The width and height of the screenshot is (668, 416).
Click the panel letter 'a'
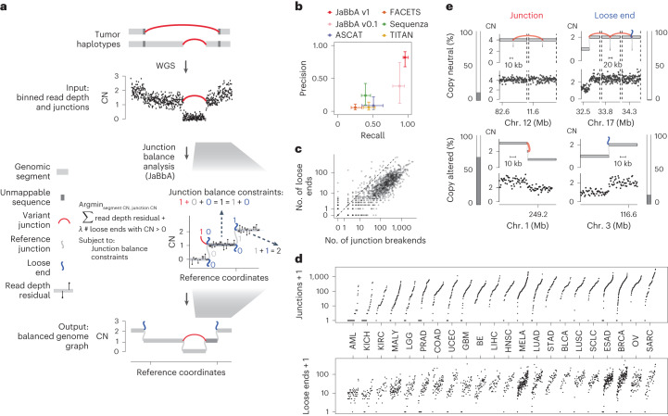6,6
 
